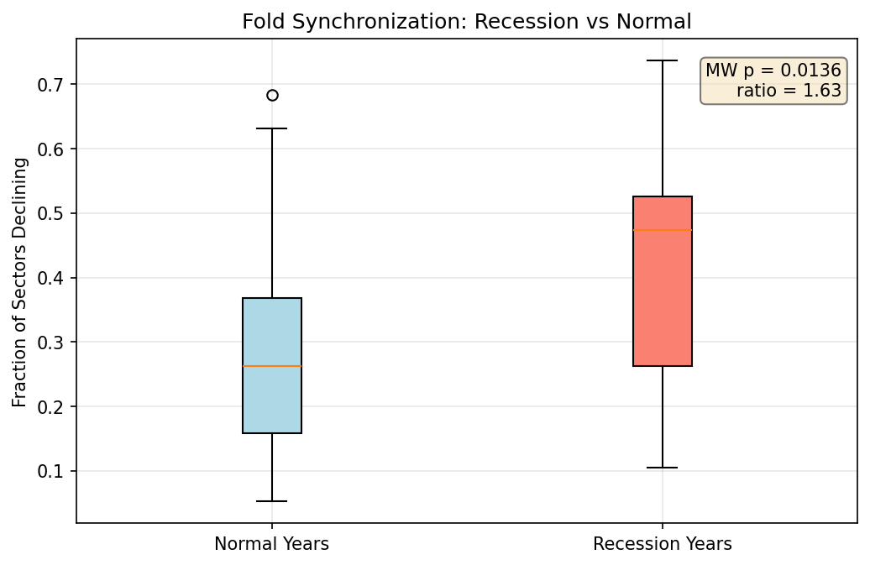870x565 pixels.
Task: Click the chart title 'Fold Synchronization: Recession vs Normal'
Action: (466, 22)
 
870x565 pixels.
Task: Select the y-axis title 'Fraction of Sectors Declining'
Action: (20, 281)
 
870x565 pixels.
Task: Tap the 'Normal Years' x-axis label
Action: (271, 544)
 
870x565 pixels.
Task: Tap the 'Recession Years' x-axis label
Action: (662, 544)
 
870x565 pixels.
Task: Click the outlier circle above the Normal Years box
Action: (272, 95)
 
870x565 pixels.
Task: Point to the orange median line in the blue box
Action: (272, 366)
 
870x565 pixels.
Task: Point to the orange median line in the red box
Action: (663, 230)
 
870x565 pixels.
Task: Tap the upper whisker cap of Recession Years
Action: (663, 60)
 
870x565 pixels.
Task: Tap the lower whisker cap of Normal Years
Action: (272, 501)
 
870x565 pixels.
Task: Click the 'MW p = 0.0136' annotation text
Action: (773, 71)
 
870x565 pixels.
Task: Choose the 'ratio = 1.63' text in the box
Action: (789, 91)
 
